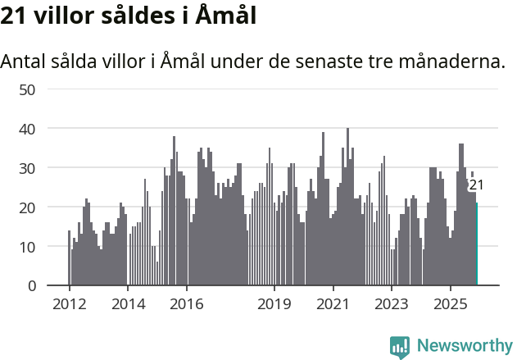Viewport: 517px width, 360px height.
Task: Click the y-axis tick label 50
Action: [26, 89]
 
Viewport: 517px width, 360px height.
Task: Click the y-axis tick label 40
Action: [26, 129]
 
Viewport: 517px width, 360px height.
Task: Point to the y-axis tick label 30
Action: [26, 168]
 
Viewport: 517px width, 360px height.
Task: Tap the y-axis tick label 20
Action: [26, 207]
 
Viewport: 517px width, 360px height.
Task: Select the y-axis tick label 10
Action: [26, 247]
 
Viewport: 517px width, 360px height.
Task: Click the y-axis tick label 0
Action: [31, 286]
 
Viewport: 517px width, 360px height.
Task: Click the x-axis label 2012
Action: [69, 304]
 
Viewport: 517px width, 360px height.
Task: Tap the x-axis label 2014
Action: [127, 304]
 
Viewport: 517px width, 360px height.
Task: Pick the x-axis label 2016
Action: [187, 304]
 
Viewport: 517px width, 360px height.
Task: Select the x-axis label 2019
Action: [274, 304]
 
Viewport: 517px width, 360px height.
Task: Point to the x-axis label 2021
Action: [333, 304]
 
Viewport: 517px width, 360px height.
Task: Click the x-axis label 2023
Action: [391, 304]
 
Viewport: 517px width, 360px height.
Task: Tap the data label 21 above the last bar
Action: [476, 185]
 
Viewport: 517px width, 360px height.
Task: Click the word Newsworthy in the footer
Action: [464, 346]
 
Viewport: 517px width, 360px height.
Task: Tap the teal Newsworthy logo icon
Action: [400, 347]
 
